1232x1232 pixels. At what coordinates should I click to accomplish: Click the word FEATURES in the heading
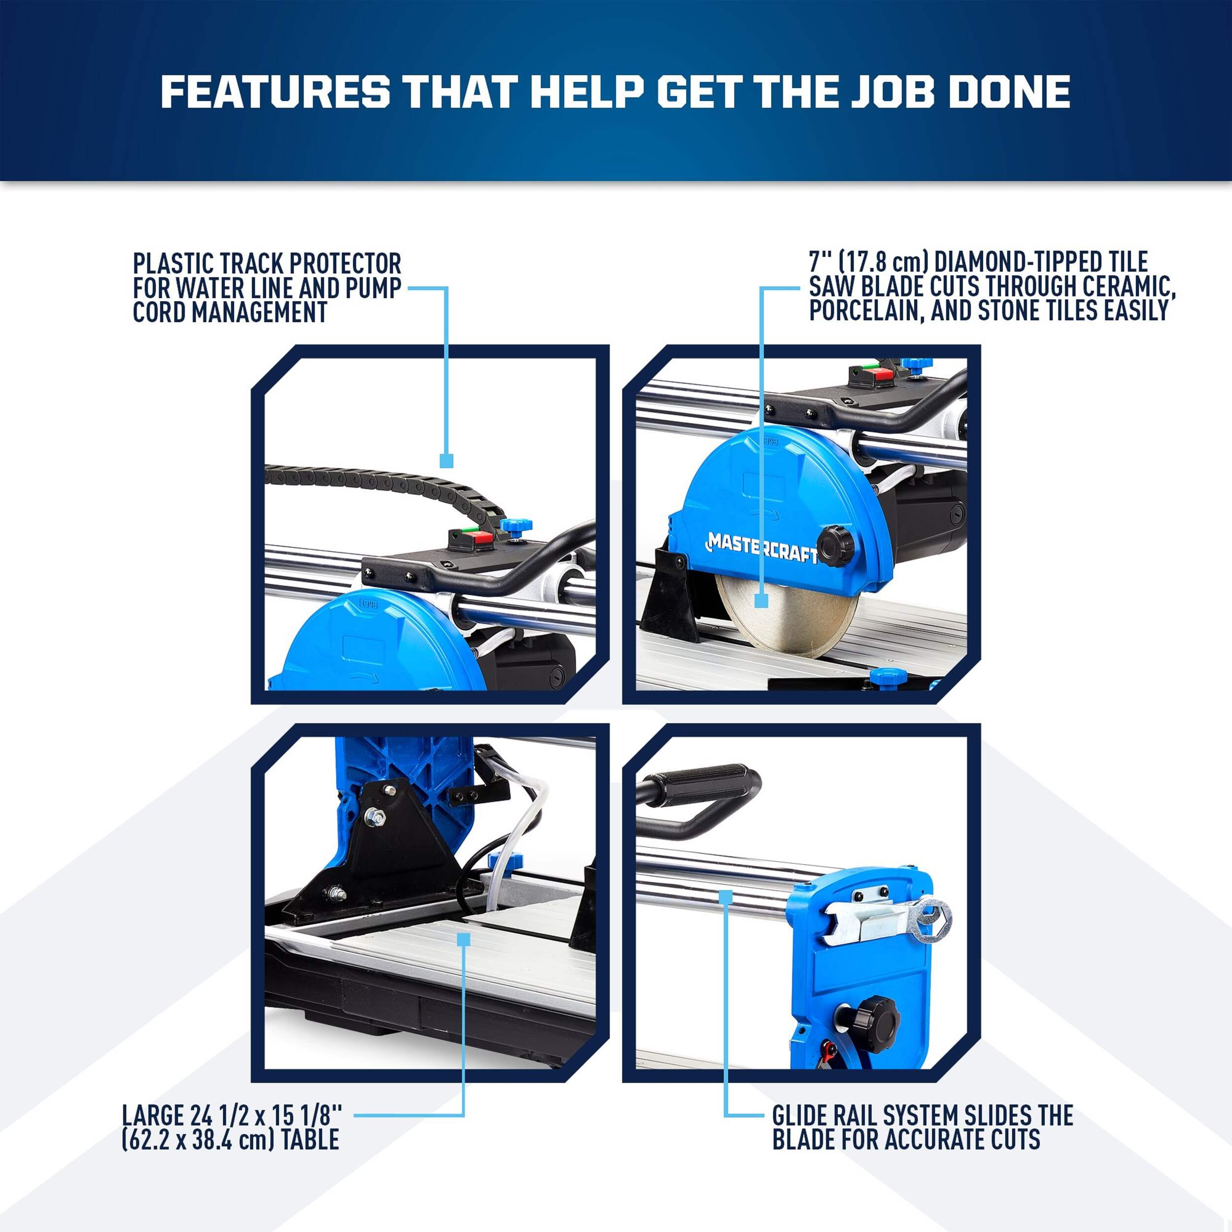pos(275,92)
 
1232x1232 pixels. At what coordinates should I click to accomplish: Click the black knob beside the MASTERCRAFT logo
pos(836,546)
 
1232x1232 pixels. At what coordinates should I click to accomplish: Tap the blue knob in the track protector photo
pos(516,527)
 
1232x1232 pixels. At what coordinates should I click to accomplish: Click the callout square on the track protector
pos(446,460)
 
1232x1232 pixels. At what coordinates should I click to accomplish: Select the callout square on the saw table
pos(464,939)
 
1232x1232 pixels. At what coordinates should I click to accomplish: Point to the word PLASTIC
pos(172,263)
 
